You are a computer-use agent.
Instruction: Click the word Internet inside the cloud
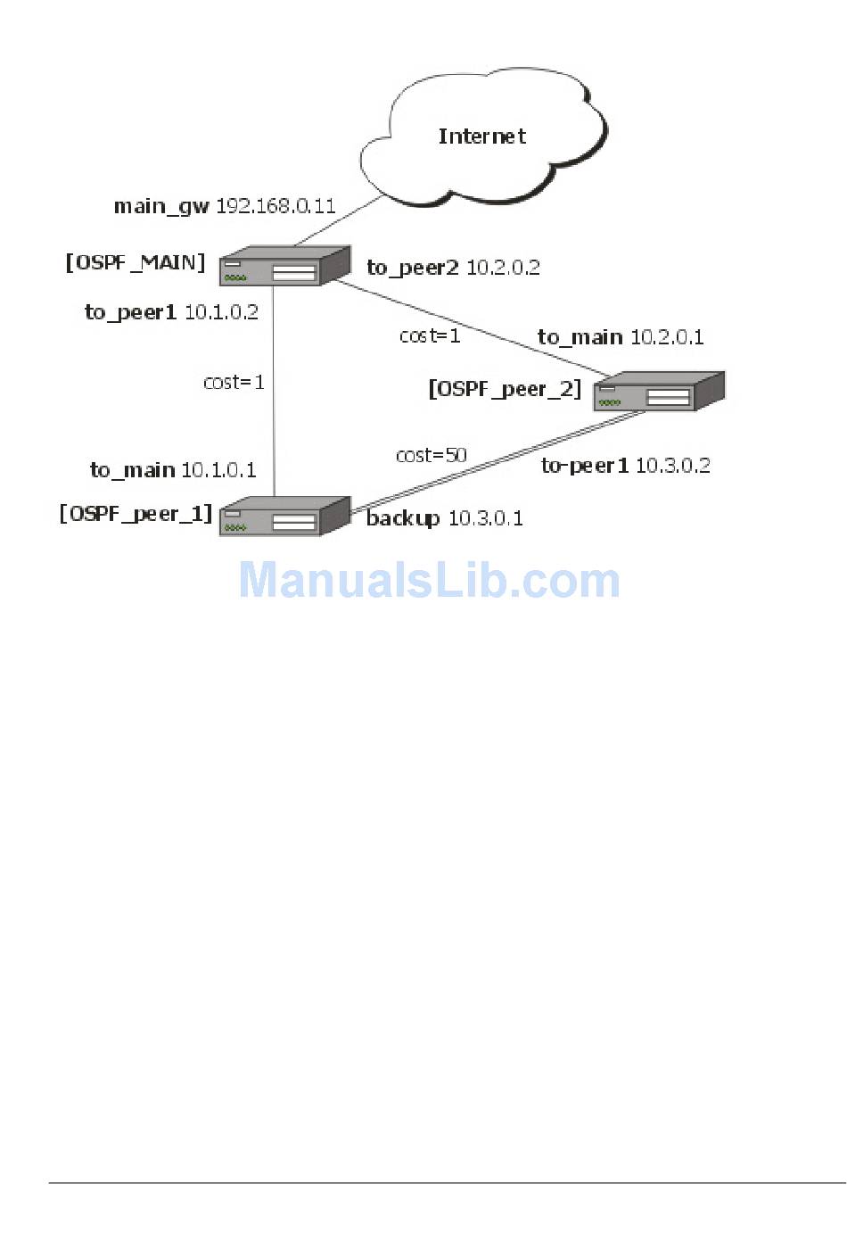point(481,136)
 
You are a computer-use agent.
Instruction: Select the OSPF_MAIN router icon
point(284,267)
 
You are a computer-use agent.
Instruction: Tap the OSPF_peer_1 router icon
point(284,517)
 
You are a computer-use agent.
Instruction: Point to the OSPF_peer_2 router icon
point(658,391)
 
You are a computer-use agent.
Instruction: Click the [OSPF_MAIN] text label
point(136,262)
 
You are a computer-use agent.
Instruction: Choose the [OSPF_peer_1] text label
point(136,514)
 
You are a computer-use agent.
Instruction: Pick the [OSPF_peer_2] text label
point(505,389)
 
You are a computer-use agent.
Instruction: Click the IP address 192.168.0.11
point(275,206)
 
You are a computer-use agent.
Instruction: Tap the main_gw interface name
point(161,207)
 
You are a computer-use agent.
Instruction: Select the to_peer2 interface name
point(413,268)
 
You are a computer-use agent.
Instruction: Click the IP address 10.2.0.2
point(503,268)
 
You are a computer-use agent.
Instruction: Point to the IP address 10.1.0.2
point(221,312)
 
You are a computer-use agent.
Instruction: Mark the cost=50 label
point(432,456)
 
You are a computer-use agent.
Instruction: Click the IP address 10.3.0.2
point(672,466)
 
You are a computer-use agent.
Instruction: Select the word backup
point(403,518)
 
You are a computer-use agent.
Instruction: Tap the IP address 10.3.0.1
point(485,518)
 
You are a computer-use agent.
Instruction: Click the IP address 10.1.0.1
point(218,470)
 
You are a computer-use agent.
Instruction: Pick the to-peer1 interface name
point(585,466)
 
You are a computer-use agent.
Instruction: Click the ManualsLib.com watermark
point(429,580)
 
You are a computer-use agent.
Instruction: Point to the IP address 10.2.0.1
point(667,337)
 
